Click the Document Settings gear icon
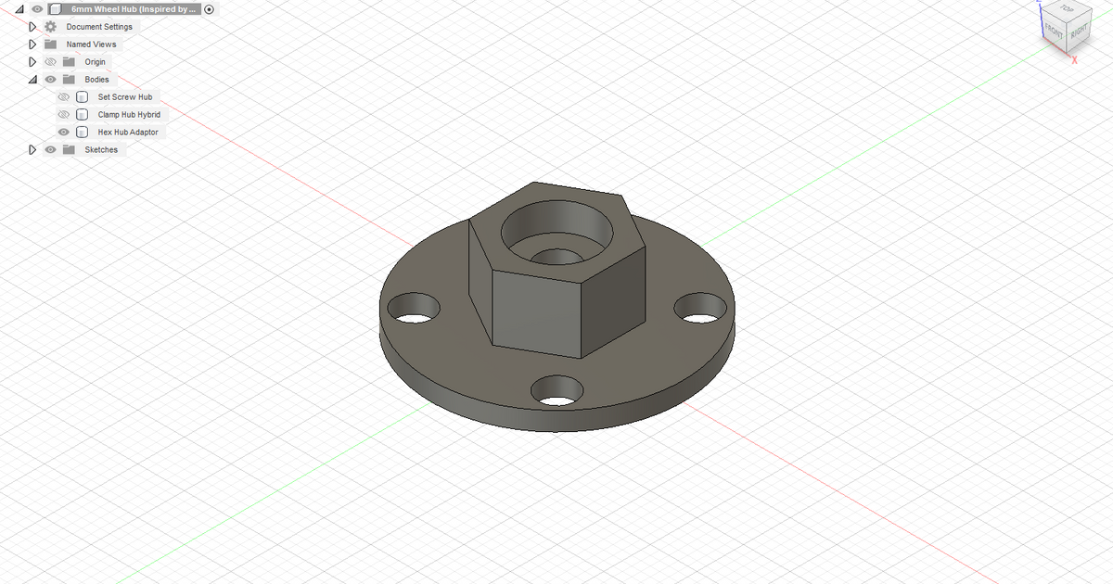[x=51, y=27]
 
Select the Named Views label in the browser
[x=91, y=44]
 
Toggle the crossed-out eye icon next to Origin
[x=51, y=62]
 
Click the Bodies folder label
[x=96, y=80]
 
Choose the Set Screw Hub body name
[x=124, y=97]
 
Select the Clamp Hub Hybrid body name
[x=129, y=115]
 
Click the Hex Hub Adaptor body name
[x=128, y=133]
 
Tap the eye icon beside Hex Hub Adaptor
[x=64, y=133]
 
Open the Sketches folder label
[x=101, y=150]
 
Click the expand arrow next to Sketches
[x=32, y=150]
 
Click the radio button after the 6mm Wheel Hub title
[x=209, y=9]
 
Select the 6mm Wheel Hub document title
[x=134, y=9]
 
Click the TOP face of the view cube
[x=1067, y=8]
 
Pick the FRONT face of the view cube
[x=1055, y=31]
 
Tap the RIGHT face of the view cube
[x=1079, y=32]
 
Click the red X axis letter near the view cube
[x=1073, y=60]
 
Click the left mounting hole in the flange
[x=414, y=309]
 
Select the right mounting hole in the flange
[x=701, y=309]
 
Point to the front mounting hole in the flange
[x=556, y=391]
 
